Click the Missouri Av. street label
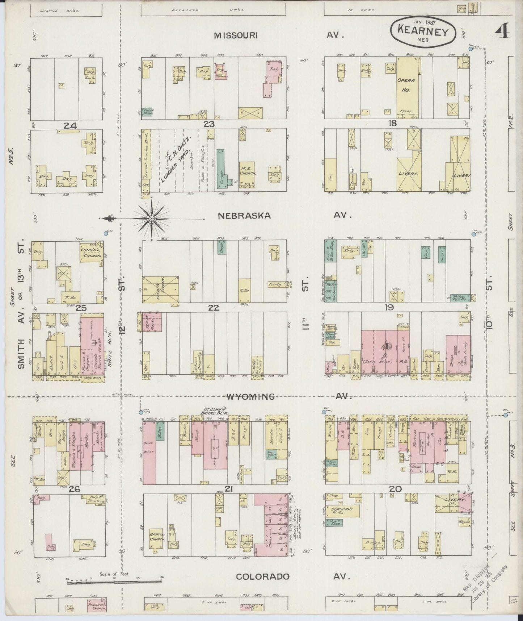click(x=235, y=35)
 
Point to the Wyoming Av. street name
click(x=250, y=397)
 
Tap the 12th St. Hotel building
click(x=151, y=322)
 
